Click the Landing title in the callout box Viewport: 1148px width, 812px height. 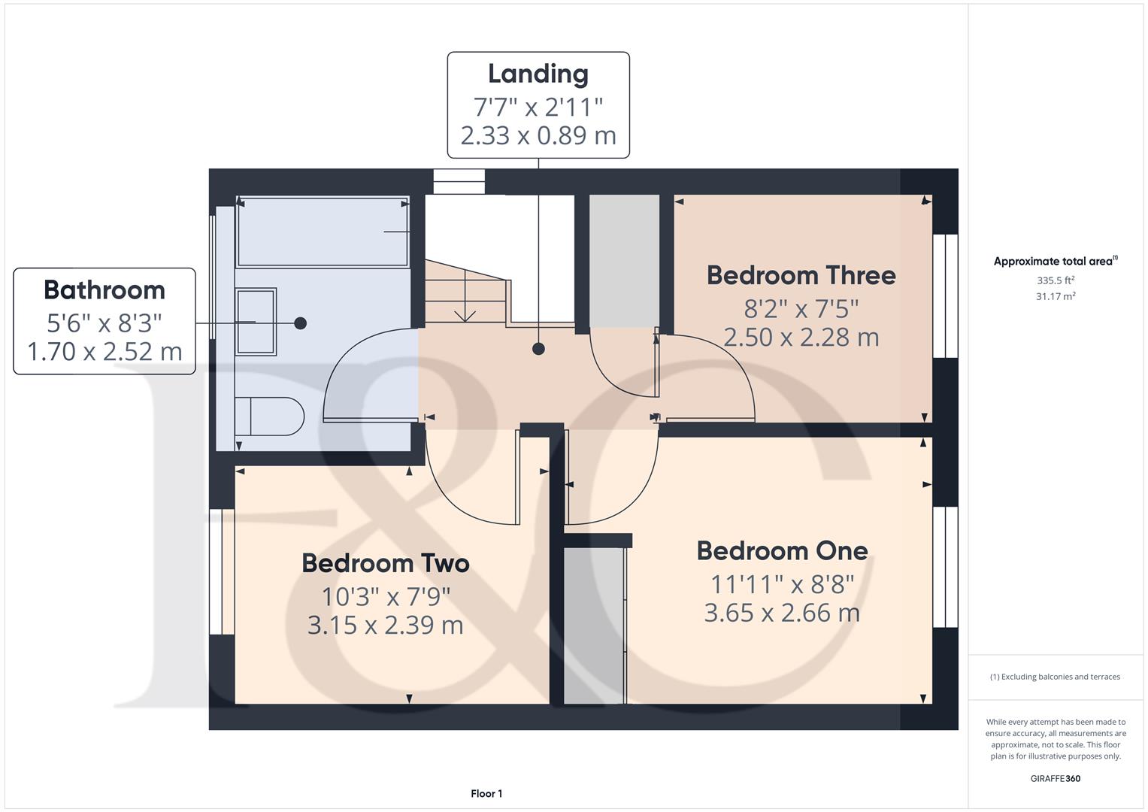tap(538, 74)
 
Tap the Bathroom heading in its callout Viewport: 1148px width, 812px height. tap(105, 290)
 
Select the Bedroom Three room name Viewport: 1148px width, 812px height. tap(801, 275)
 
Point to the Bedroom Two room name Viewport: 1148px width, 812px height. tap(386, 563)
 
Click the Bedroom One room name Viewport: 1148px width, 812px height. tap(783, 551)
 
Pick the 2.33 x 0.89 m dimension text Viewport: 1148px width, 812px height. tap(538, 136)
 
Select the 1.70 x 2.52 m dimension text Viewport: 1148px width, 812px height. tap(105, 352)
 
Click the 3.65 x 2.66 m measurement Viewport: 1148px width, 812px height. tap(782, 613)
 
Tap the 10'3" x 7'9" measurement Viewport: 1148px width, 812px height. tap(386, 597)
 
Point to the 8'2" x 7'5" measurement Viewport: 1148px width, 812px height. tap(801, 308)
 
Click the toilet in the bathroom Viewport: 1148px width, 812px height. tap(270, 417)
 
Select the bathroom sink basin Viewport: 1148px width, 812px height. tap(256, 322)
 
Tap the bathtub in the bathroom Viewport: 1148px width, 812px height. tap(323, 232)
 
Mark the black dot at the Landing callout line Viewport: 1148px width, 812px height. tap(538, 349)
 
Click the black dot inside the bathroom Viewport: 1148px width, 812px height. tap(301, 323)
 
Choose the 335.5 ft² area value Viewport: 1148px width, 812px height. tap(1056, 280)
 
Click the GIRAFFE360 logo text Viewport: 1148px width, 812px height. tap(1056, 778)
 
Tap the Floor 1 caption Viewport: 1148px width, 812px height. tap(486, 793)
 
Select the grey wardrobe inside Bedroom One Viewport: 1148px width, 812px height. tap(594, 626)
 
